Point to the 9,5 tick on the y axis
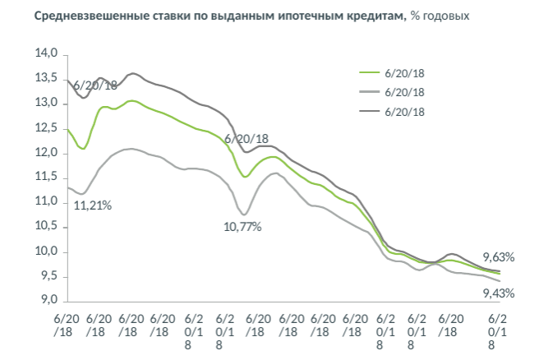[48, 276]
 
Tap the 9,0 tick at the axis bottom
[48, 301]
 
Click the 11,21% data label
[93, 205]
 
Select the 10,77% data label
[242, 226]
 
